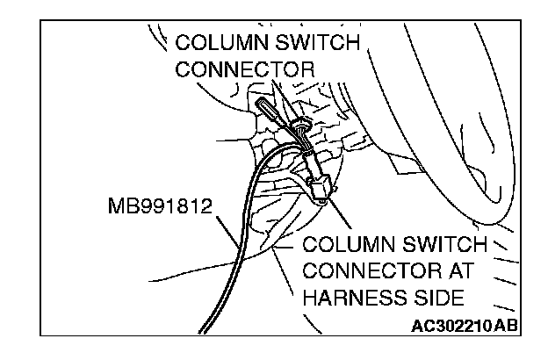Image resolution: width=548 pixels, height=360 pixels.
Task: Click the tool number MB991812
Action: click(155, 208)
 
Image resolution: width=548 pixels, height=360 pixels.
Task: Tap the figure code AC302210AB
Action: click(464, 327)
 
